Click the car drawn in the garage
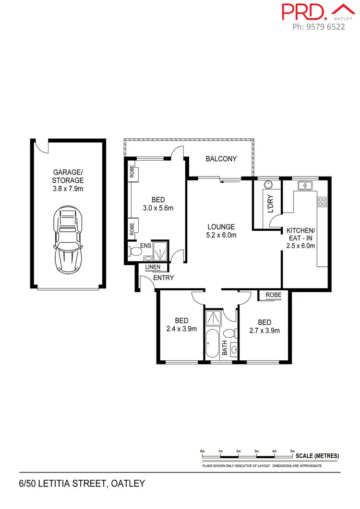(x=68, y=239)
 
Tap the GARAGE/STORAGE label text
(x=68, y=180)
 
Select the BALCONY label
(x=221, y=159)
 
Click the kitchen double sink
(x=304, y=185)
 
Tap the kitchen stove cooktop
(x=323, y=202)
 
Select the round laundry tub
(x=268, y=185)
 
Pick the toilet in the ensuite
(x=133, y=250)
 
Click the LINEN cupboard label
(x=153, y=267)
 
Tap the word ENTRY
(x=164, y=278)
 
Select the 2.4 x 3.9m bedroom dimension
(x=181, y=329)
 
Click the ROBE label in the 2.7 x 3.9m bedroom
(x=273, y=295)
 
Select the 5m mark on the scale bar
(x=292, y=451)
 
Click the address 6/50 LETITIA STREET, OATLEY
(x=82, y=483)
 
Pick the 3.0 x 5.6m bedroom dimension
(x=158, y=208)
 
